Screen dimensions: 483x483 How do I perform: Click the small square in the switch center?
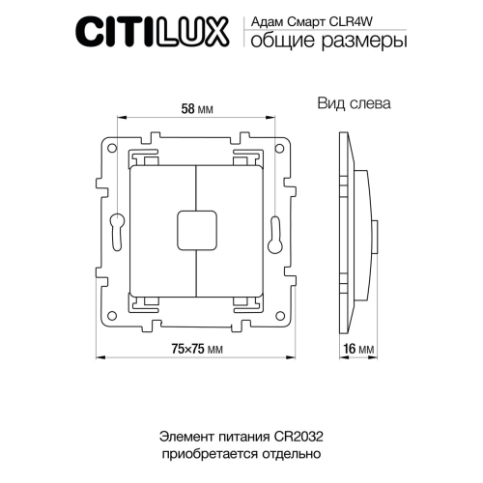196,229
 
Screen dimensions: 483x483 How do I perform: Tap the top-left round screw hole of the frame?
113,151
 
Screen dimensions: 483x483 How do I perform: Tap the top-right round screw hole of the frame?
280,151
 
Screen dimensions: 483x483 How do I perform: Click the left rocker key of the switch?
162,229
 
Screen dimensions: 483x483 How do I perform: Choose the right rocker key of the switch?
232,229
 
